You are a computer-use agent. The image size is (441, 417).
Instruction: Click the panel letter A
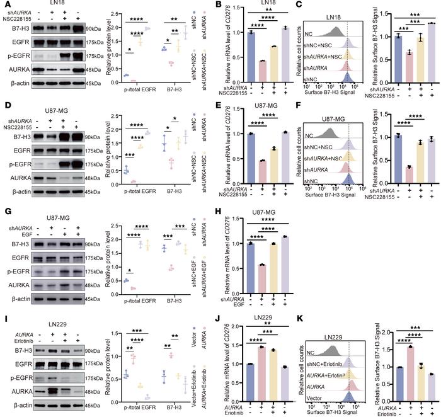[x=4, y=5]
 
